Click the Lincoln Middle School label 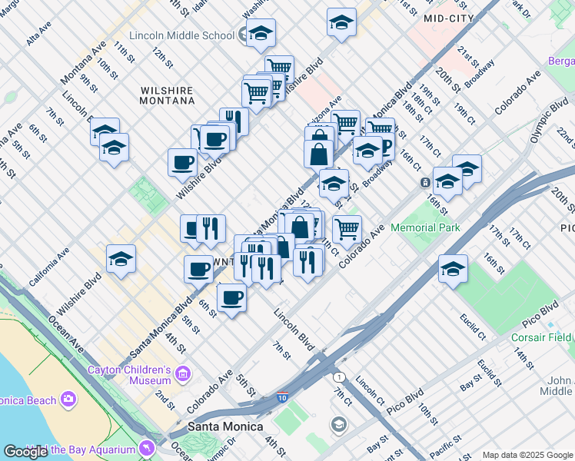[x=182, y=35]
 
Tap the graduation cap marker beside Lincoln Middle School [x=261, y=33]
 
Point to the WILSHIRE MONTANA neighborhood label [x=167, y=95]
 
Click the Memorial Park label [x=425, y=227]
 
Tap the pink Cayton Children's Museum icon [x=183, y=374]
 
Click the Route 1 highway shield [x=338, y=376]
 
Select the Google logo [x=26, y=452]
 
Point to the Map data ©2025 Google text [x=527, y=455]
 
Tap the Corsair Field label [x=543, y=337]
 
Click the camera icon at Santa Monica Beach [x=68, y=400]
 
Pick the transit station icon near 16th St [x=424, y=183]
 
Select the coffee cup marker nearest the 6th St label [x=231, y=297]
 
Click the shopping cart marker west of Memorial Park [x=347, y=227]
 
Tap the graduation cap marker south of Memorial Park [x=453, y=269]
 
